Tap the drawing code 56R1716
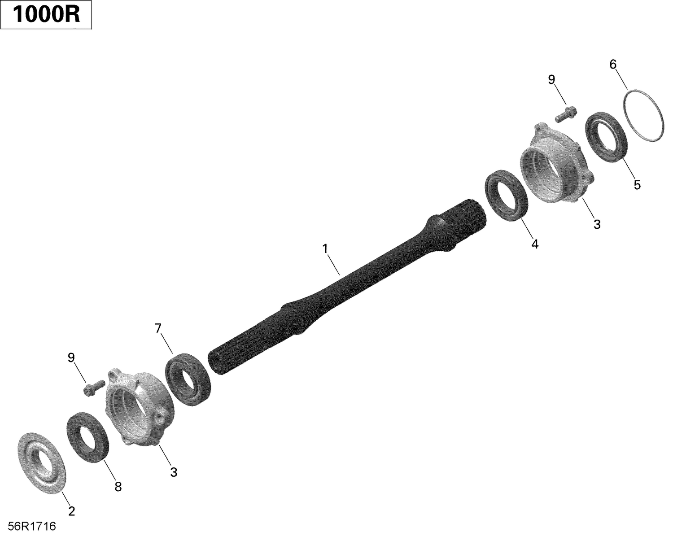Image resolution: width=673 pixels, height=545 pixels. point(31,526)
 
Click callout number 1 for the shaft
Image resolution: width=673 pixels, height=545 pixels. point(325,248)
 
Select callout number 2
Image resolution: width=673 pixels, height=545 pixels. point(71,510)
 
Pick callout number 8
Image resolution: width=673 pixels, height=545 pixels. point(118,487)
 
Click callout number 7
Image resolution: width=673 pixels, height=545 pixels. point(157,328)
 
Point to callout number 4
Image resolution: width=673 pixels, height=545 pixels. point(534,244)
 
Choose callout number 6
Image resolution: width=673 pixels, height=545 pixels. point(613,64)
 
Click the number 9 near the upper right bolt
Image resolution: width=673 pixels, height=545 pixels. point(551,79)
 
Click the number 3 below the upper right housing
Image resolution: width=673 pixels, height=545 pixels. point(597,224)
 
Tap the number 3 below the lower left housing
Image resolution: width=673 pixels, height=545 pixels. point(174,472)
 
